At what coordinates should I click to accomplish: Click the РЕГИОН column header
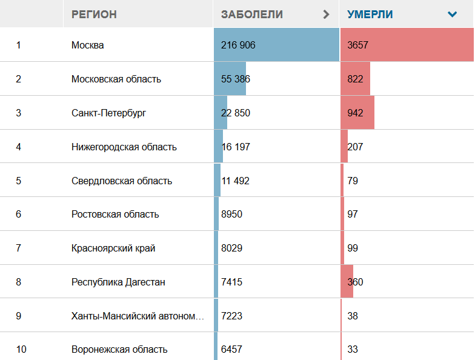pyautogui.click(x=94, y=14)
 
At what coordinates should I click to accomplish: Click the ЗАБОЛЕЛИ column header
pyautogui.click(x=251, y=14)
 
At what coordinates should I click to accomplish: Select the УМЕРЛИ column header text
pyautogui.click(x=370, y=14)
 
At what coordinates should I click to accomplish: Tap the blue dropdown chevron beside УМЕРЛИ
pyautogui.click(x=452, y=14)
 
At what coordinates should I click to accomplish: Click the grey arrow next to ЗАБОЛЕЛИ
pyautogui.click(x=327, y=14)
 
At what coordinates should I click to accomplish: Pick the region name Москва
pyautogui.click(x=87, y=45)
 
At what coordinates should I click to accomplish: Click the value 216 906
pyautogui.click(x=238, y=45)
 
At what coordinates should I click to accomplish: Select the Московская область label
pyautogui.click(x=116, y=79)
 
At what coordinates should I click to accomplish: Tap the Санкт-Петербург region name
pyautogui.click(x=108, y=113)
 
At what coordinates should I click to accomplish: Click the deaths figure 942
pyautogui.click(x=355, y=113)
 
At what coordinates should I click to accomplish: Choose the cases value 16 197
pyautogui.click(x=235, y=147)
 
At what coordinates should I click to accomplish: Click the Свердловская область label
pyautogui.click(x=121, y=181)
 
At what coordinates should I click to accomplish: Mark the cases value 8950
pyautogui.click(x=232, y=214)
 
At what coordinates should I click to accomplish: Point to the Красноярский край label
pyautogui.click(x=113, y=248)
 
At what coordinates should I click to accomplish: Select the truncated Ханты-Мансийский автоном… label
pyautogui.click(x=138, y=316)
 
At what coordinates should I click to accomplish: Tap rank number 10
pyautogui.click(x=21, y=349)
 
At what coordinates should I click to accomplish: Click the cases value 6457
pyautogui.click(x=231, y=349)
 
